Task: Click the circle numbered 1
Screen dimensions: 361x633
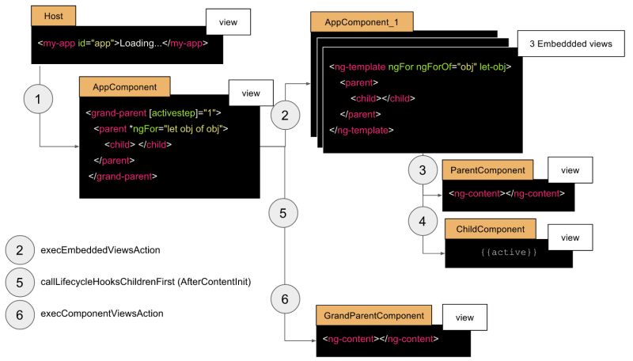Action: click(40, 100)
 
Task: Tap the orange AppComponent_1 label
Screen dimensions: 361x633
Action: click(351, 22)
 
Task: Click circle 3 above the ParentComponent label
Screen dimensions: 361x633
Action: click(423, 169)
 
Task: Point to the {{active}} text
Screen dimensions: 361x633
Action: click(509, 252)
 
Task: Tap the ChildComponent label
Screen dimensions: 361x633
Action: click(491, 229)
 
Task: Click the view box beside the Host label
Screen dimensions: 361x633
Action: click(228, 23)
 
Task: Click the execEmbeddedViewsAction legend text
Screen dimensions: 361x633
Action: click(100, 250)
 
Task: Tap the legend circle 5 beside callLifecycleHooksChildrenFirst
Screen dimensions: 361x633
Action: click(19, 281)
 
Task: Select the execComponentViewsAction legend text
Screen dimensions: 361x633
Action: click(102, 313)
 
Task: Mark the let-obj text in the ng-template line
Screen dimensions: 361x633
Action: click(494, 66)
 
